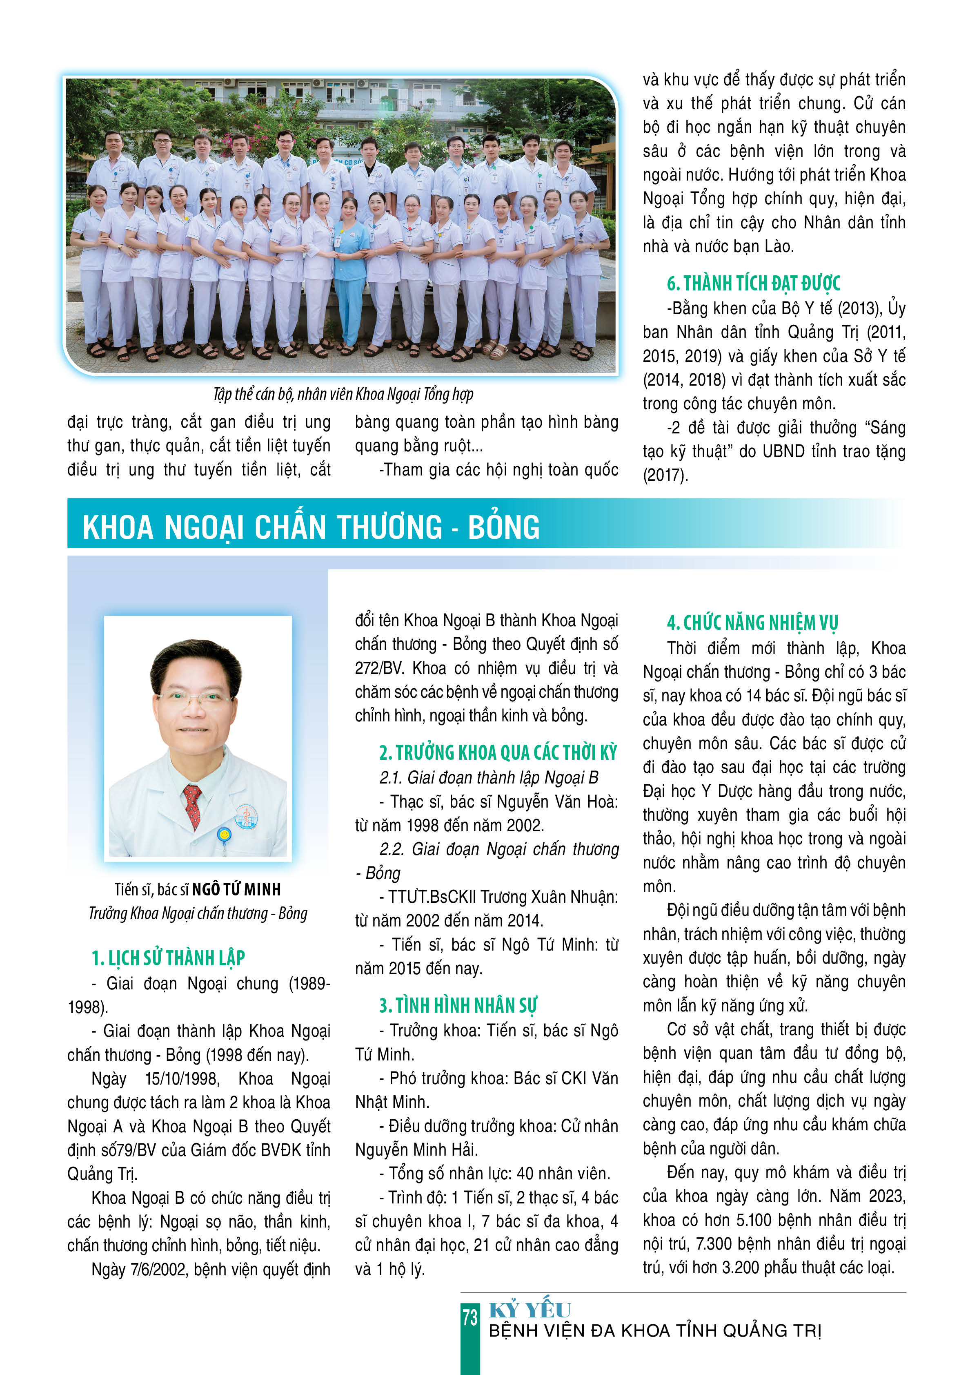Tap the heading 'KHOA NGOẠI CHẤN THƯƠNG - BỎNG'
[x=310, y=527]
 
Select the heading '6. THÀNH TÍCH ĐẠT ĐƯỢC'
[x=753, y=283]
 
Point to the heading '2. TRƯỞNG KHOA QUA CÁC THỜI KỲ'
[x=498, y=752]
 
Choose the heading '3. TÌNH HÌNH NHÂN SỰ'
[x=458, y=1005]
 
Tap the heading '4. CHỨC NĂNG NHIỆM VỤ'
[x=752, y=623]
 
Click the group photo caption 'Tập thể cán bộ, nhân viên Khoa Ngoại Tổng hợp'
[x=343, y=395]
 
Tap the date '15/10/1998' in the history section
[x=182, y=1078]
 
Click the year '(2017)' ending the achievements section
[x=665, y=475]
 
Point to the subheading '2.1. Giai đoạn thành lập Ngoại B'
[x=488, y=778]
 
